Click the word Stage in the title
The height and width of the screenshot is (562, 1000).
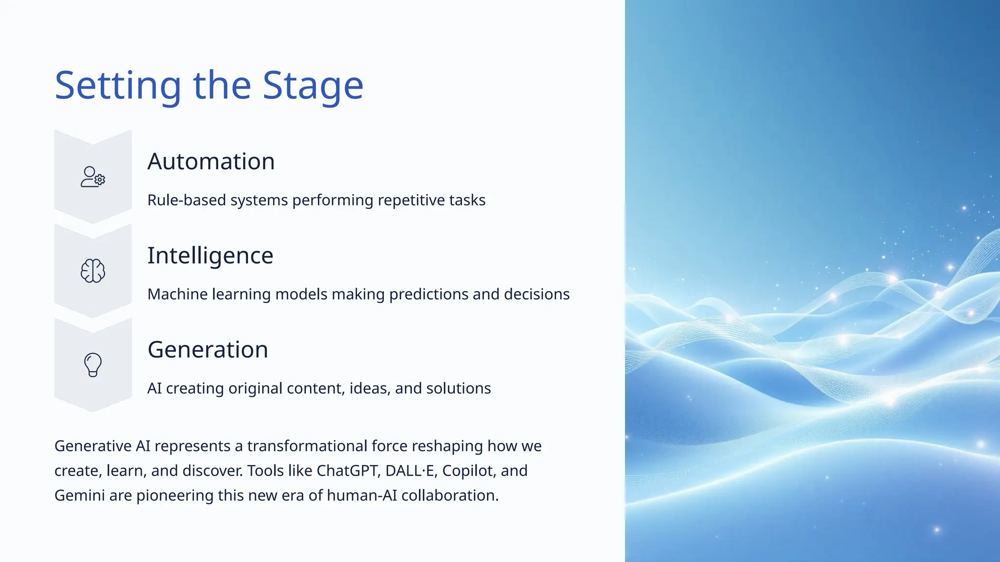(312, 86)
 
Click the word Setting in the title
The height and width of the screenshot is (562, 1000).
(118, 86)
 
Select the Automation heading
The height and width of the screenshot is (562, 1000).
(211, 161)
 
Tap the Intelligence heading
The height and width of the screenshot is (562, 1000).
(210, 256)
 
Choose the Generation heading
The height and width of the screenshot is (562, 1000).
(208, 350)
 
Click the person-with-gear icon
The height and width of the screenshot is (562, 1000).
(93, 177)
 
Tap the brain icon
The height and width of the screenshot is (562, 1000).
(93, 271)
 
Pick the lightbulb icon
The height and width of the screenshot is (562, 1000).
(93, 365)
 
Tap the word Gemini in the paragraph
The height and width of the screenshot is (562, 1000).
(79, 496)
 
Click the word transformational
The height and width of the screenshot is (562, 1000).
(307, 446)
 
